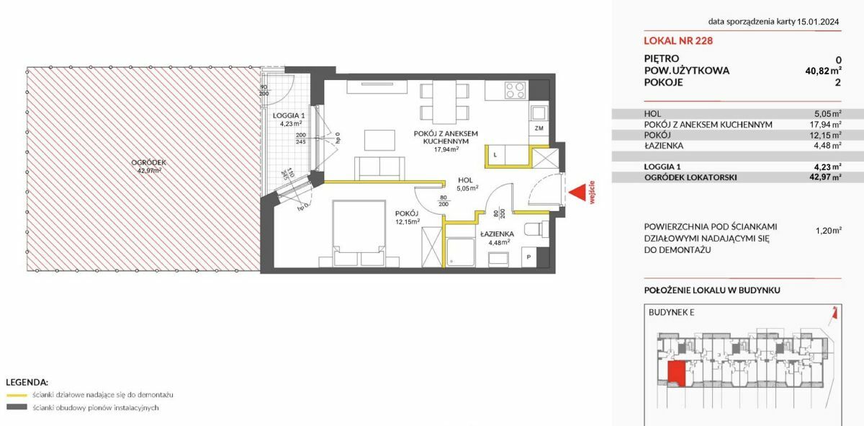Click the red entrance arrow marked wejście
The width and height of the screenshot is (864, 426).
click(x=578, y=192)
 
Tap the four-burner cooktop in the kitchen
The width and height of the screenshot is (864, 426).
click(x=516, y=90)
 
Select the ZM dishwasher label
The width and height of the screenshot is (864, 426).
click(x=539, y=128)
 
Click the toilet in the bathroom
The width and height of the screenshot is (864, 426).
click(x=537, y=229)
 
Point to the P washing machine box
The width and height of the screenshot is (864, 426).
click(x=528, y=257)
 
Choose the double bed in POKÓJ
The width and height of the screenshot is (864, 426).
click(x=359, y=234)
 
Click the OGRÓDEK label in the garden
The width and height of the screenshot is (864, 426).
click(x=148, y=163)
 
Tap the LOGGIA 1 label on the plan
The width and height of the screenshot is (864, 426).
click(x=289, y=115)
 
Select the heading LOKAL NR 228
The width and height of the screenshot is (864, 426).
click(x=678, y=40)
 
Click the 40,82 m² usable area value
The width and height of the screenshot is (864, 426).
click(x=823, y=71)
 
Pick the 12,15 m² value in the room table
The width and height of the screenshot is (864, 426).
click(x=828, y=136)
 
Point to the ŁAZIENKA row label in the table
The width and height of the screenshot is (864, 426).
click(x=663, y=146)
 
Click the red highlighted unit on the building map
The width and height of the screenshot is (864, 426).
click(x=677, y=373)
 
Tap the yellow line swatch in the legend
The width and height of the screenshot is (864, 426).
click(x=17, y=395)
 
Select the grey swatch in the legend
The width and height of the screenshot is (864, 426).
click(x=17, y=407)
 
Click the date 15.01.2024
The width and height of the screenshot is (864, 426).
click(x=818, y=22)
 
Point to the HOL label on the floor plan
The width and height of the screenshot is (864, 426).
click(x=465, y=180)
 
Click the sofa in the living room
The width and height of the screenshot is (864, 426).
click(x=379, y=169)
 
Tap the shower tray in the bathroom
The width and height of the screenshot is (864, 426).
click(x=461, y=252)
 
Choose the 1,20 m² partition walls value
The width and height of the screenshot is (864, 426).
click(x=829, y=231)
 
